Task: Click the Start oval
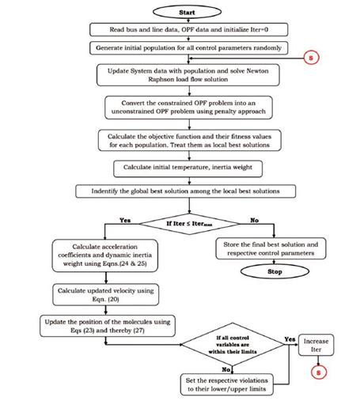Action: coord(187,12)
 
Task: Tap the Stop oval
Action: coord(275,271)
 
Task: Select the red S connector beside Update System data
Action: coord(311,58)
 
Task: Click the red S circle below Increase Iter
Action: coord(319,373)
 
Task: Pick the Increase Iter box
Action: coord(316,345)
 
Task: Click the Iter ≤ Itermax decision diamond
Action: coord(189,224)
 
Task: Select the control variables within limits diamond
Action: coord(233,344)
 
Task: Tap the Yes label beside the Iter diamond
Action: coord(125,220)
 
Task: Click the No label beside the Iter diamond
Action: coord(254,220)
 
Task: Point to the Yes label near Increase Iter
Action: coord(290,339)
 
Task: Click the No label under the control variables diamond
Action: coord(226,369)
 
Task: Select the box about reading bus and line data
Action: coord(188,29)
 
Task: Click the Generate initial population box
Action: coord(188,48)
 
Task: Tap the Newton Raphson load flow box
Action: coord(188,75)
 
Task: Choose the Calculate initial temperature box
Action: coord(188,168)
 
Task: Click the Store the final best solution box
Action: coord(271,248)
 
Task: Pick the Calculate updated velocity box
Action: coord(105,295)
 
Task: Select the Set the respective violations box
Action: coord(227,384)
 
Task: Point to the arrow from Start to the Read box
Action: coord(188,21)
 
